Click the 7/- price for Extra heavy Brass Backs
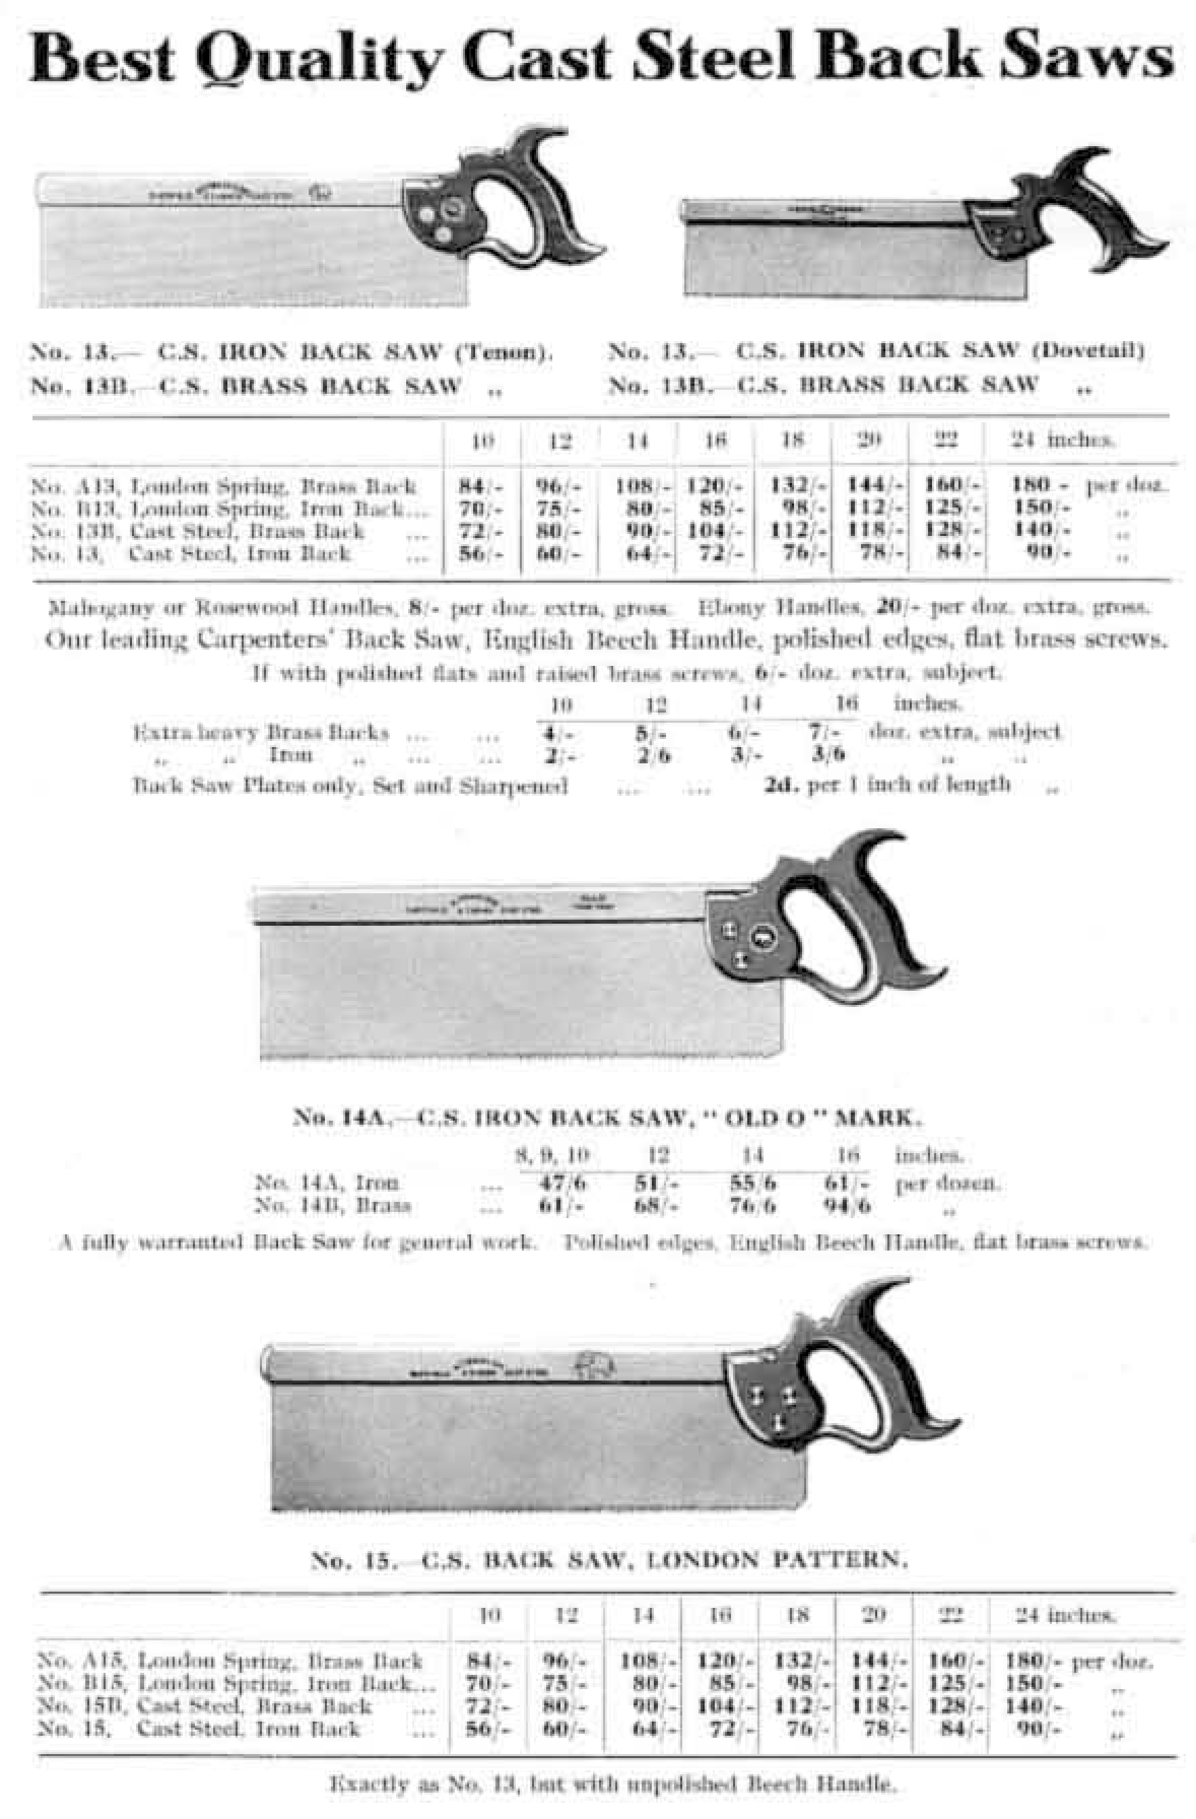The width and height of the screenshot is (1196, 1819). pyautogui.click(x=826, y=732)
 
